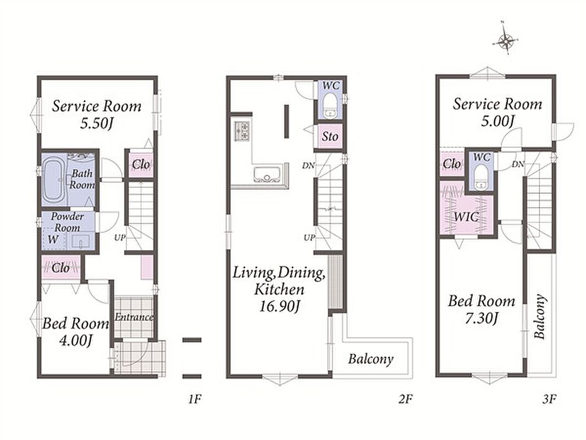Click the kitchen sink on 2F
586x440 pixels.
tap(267, 174)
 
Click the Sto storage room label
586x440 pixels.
tap(330, 136)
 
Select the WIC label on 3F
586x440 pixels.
tap(466, 217)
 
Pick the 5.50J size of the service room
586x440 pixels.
tap(96, 123)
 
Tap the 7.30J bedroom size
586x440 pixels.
tap(482, 318)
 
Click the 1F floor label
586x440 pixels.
tap(195, 399)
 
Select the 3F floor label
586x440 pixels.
tap(549, 399)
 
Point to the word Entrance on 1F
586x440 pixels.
tap(134, 317)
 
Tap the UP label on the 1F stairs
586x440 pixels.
tap(120, 238)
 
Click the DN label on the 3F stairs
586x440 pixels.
tap(518, 164)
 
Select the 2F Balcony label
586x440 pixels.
tap(371, 359)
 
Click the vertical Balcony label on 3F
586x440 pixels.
tap(539, 317)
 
